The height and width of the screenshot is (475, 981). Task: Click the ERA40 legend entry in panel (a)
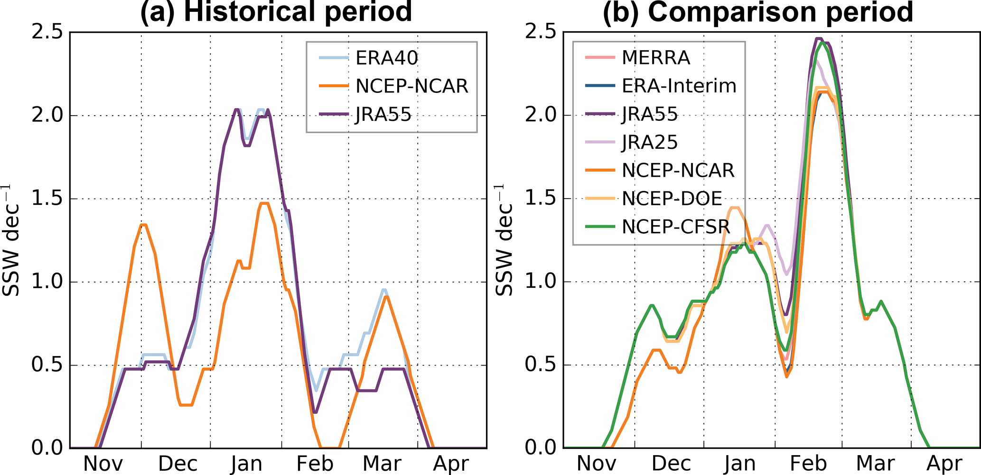click(x=386, y=58)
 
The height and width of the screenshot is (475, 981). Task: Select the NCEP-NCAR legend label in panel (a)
click(x=411, y=86)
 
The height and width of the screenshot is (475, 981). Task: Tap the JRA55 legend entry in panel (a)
click(x=383, y=114)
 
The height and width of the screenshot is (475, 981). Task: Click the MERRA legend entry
click(x=655, y=58)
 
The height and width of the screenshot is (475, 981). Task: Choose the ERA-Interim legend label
click(x=679, y=86)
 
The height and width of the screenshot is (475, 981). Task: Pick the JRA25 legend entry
click(x=650, y=142)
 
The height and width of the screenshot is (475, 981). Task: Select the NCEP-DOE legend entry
click(x=672, y=199)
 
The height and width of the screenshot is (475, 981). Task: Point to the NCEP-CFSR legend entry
click(x=676, y=227)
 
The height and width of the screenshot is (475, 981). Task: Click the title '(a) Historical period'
click(x=276, y=11)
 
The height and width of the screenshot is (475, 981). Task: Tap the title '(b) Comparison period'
click(x=758, y=11)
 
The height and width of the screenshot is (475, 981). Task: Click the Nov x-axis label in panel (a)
click(x=103, y=463)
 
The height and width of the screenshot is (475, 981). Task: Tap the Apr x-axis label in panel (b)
click(x=944, y=463)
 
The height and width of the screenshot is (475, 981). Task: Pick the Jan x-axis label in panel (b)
click(x=740, y=463)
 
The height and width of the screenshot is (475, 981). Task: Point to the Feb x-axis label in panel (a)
click(x=315, y=463)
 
